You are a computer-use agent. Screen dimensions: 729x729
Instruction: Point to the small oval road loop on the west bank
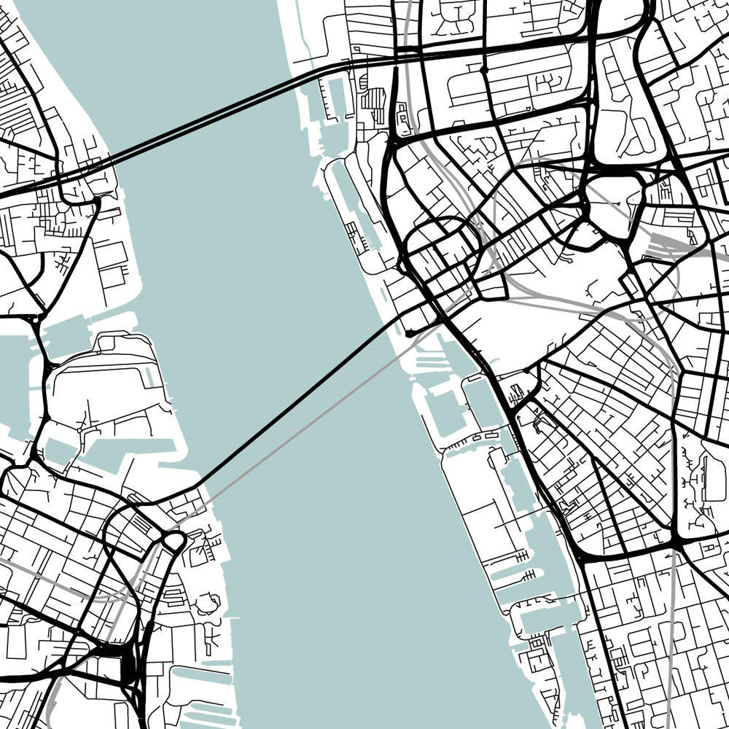click(174, 541)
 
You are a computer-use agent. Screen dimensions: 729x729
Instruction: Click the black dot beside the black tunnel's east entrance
click(409, 333)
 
